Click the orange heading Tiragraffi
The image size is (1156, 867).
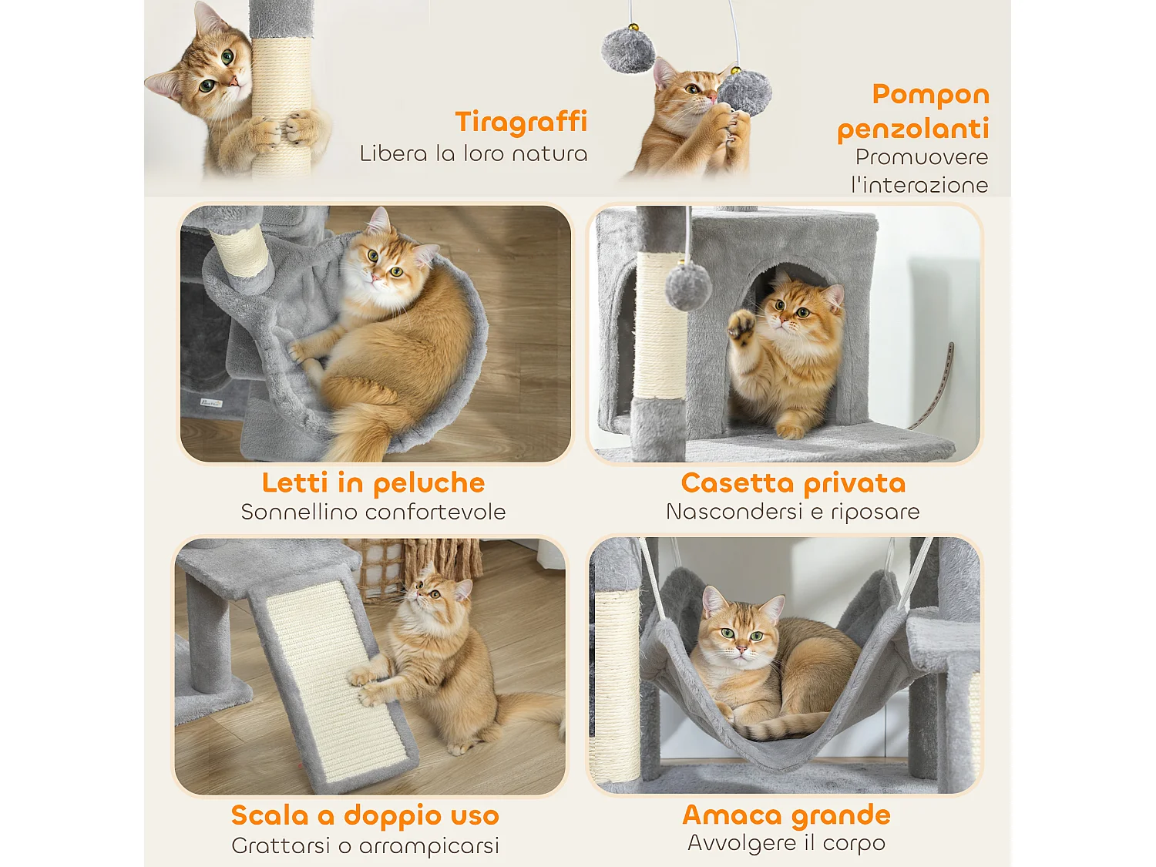(x=521, y=122)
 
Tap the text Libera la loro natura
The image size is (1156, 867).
(x=473, y=153)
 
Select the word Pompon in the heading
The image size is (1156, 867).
(x=930, y=95)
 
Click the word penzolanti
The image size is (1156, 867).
(x=912, y=129)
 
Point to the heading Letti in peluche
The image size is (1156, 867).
(x=373, y=483)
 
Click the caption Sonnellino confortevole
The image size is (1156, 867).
(x=373, y=512)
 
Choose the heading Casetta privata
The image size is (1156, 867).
(x=793, y=483)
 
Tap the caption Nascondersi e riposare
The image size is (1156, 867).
(x=792, y=512)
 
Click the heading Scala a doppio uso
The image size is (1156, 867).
(x=365, y=815)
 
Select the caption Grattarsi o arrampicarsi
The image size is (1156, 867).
(x=365, y=845)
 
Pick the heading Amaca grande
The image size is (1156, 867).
(x=786, y=815)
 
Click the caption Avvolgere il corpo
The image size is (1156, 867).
(x=786, y=843)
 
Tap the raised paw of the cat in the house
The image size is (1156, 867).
(x=742, y=325)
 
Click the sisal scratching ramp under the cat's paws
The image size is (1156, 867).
(x=331, y=678)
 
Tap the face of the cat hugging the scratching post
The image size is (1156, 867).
(x=218, y=71)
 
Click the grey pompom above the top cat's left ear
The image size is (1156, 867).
(x=628, y=50)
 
